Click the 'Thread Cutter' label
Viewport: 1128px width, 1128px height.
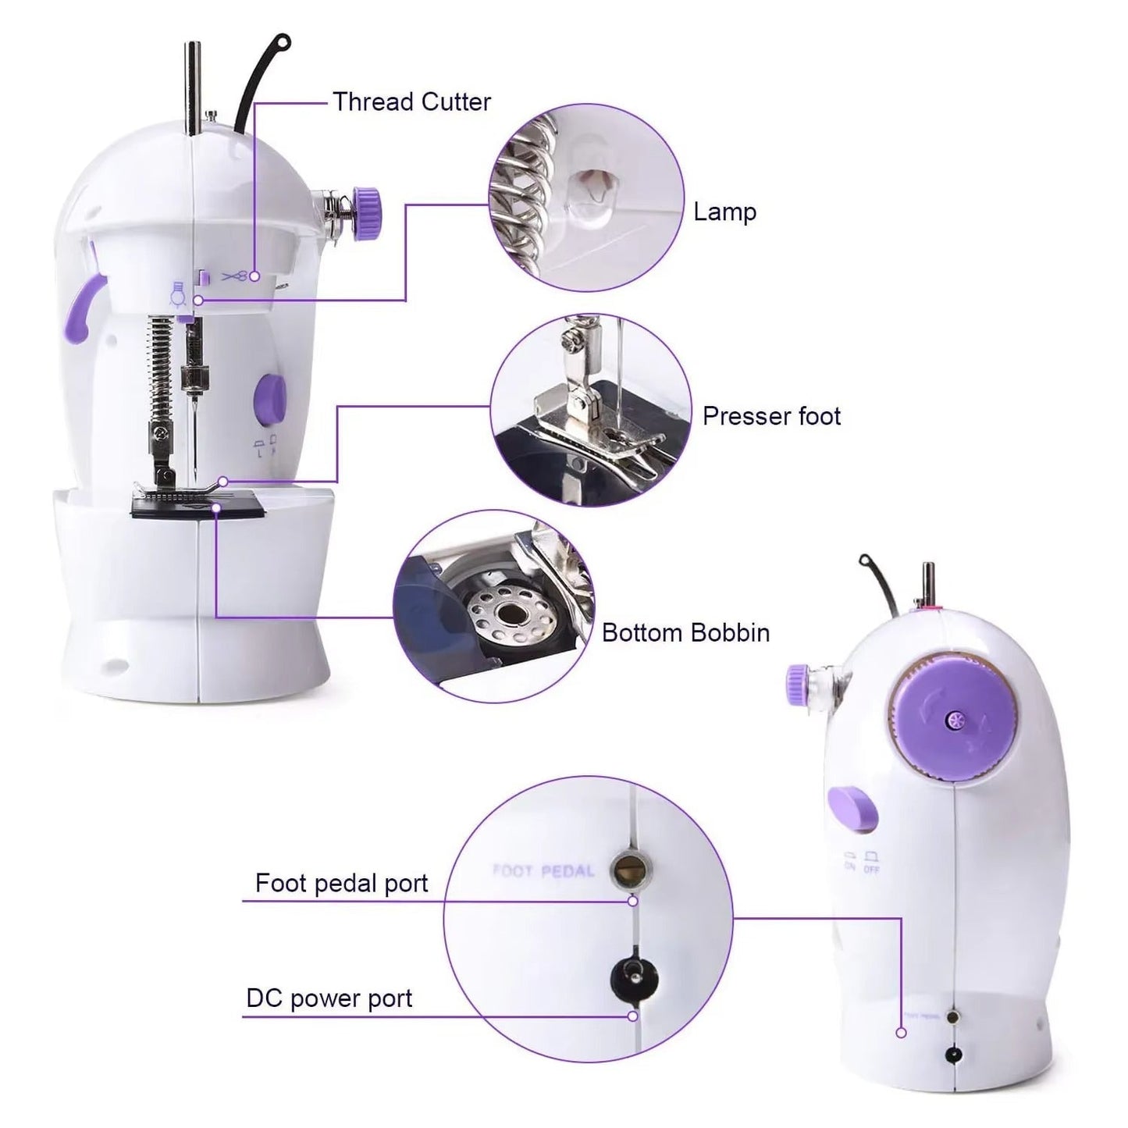pyautogui.click(x=411, y=102)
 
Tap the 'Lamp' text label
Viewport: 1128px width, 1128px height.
pyautogui.click(x=724, y=212)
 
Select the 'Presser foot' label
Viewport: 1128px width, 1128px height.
pyautogui.click(x=771, y=416)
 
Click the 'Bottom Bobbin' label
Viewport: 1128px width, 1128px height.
pyautogui.click(x=685, y=632)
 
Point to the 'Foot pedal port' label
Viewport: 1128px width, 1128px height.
pyautogui.click(x=341, y=883)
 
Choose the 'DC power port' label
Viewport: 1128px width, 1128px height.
pyautogui.click(x=329, y=998)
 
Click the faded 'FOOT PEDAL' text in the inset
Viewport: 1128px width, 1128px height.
pyautogui.click(x=543, y=870)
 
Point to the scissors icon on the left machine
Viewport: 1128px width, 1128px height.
pyautogui.click(x=235, y=276)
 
